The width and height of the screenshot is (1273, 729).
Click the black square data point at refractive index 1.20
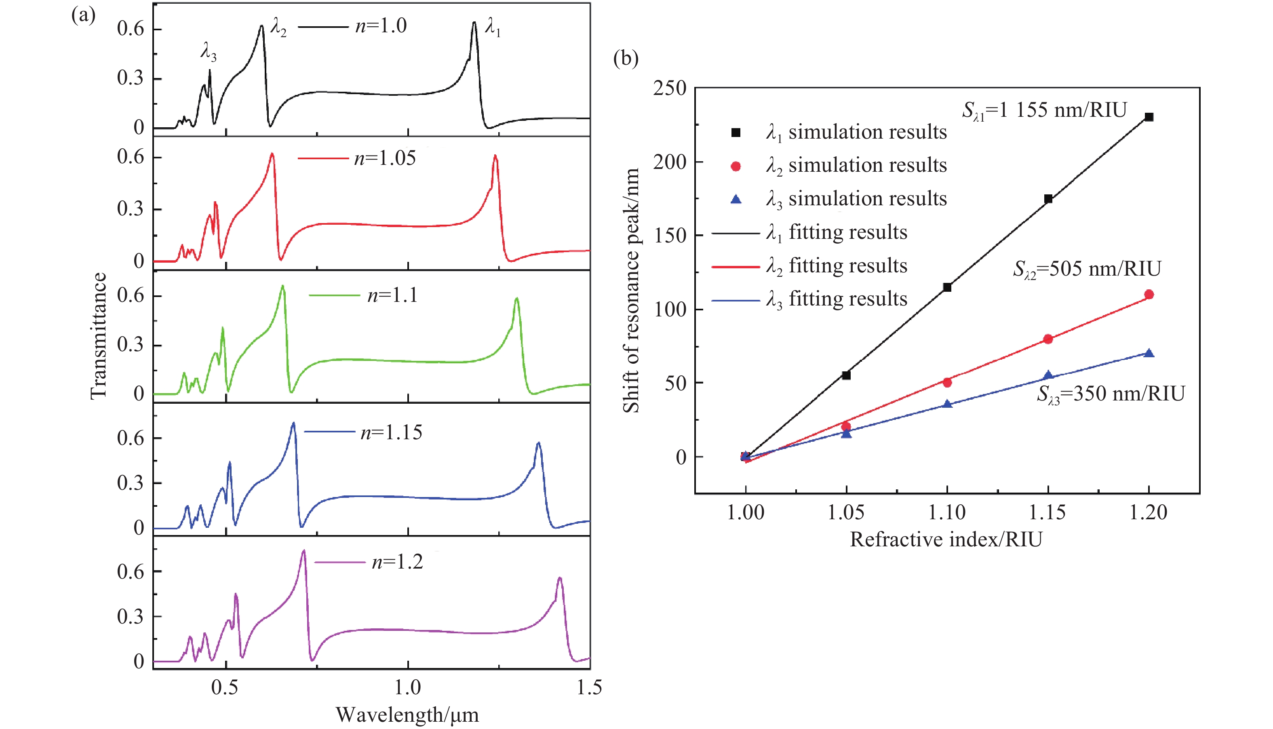(1149, 117)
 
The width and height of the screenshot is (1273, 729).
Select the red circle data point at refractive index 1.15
(1048, 339)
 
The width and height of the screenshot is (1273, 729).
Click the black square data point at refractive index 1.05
(846, 375)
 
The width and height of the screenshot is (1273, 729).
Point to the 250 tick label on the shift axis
(670, 88)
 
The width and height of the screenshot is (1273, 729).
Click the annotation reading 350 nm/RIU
(1110, 394)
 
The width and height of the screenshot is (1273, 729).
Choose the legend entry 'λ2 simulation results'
(856, 166)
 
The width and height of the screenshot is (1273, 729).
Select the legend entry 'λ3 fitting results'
(836, 299)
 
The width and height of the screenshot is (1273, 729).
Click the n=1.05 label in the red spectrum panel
(384, 158)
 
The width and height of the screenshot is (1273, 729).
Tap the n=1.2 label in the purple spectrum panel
(397, 562)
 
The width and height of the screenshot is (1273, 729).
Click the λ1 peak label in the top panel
(493, 27)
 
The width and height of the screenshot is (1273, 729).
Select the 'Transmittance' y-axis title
(99, 335)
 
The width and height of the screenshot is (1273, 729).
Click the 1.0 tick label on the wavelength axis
(407, 687)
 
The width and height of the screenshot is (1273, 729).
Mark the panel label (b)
(626, 59)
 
